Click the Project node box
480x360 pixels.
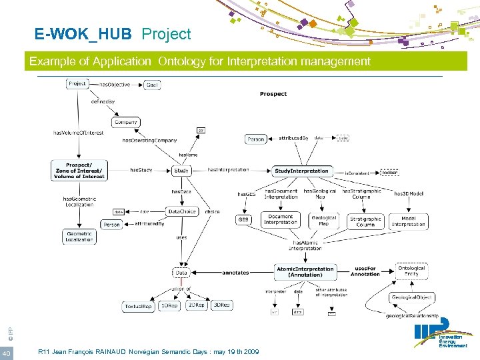[x=77, y=84]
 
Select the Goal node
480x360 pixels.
[x=152, y=85]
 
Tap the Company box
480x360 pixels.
[x=126, y=122]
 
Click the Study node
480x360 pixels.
[x=181, y=171]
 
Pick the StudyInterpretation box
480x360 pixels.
[x=302, y=171]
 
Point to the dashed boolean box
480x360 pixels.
[x=389, y=171]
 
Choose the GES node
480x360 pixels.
[x=244, y=219]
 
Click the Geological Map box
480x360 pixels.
[x=324, y=220]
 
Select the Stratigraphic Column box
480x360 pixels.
[x=365, y=221]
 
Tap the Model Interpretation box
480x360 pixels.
[x=408, y=221]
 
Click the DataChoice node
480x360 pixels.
[x=182, y=211]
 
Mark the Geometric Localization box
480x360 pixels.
[x=79, y=236]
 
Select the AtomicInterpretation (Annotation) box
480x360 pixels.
[x=305, y=272]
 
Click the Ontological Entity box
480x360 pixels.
[x=411, y=271]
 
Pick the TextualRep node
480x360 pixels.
[x=138, y=306]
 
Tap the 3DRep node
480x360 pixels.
[x=221, y=305]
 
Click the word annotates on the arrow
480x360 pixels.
[x=235, y=273]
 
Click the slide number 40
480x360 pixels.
[x=6, y=352]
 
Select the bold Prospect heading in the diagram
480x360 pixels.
[x=273, y=94]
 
